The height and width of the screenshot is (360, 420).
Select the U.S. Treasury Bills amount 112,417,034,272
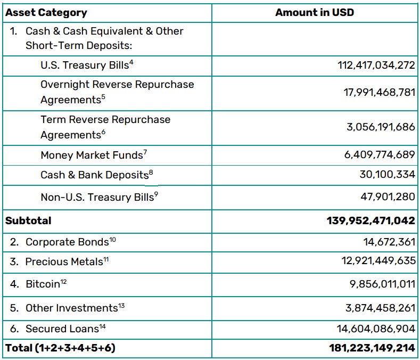point(376,66)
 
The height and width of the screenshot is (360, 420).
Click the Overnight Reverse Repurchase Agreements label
point(117,92)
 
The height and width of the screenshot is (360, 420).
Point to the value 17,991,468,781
point(379,92)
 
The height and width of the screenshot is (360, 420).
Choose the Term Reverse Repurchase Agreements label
point(105,127)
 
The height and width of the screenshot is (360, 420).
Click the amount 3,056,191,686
point(381,127)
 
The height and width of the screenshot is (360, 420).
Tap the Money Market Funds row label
point(92,155)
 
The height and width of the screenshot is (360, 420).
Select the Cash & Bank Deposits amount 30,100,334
point(388,175)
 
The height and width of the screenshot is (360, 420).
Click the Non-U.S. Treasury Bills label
point(98,197)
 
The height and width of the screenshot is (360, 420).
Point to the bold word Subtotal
point(28,220)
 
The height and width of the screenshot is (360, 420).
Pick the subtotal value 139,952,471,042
point(370,220)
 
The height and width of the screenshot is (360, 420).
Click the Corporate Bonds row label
point(67,242)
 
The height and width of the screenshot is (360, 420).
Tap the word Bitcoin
point(43,284)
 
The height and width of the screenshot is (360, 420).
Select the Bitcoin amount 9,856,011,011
point(382,284)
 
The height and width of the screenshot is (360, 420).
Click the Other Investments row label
point(71,308)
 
